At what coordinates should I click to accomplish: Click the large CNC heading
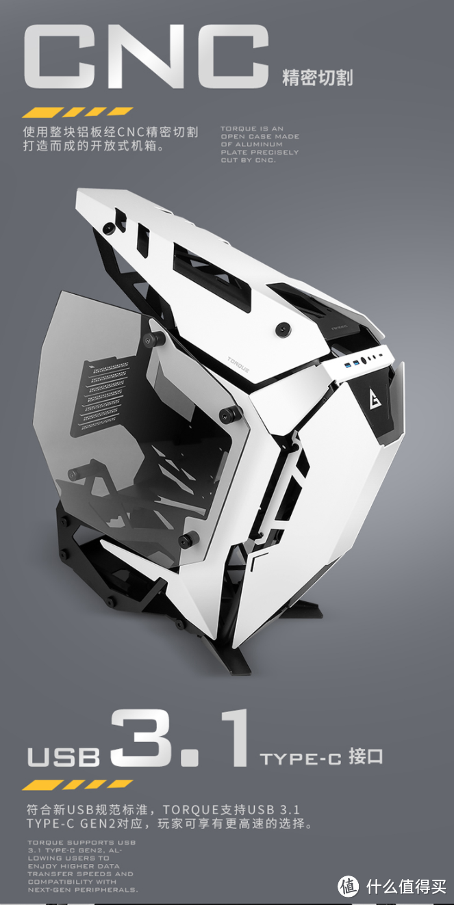pyautogui.click(x=147, y=55)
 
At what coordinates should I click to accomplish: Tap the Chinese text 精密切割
pyautogui.click(x=317, y=77)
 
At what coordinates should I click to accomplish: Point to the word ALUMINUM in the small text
pyautogui.click(x=259, y=144)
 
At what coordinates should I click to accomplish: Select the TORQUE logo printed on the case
pyautogui.click(x=238, y=365)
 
